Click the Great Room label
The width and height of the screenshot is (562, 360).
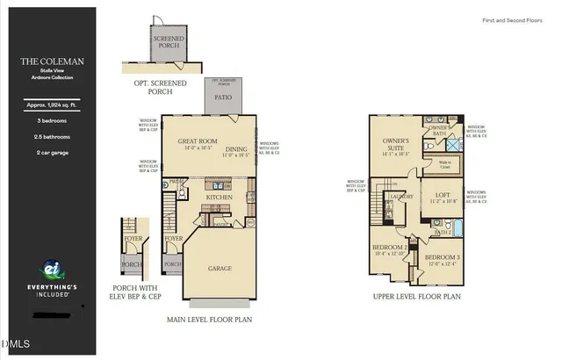[x=198, y=140]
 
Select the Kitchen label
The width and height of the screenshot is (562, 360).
[x=220, y=198]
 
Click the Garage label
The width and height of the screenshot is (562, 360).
[x=220, y=269]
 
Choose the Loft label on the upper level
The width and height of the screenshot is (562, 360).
[x=441, y=195]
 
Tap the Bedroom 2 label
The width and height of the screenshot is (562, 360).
[x=388, y=248]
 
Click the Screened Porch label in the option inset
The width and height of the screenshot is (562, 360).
[x=168, y=43]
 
